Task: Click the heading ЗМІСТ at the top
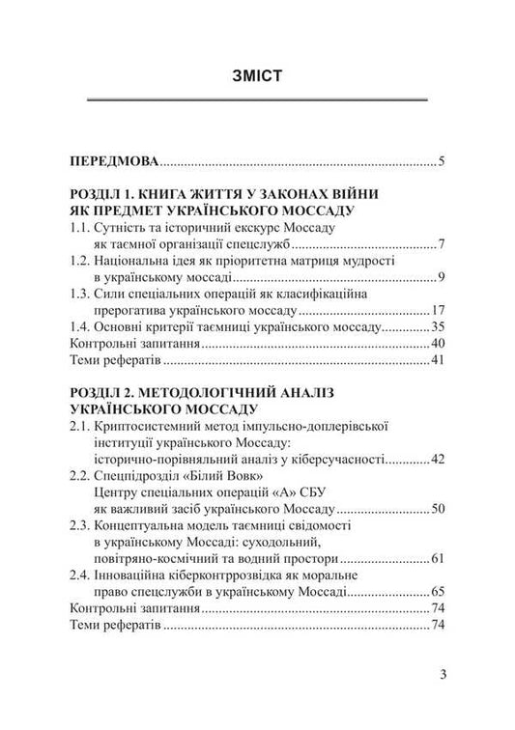(257, 77)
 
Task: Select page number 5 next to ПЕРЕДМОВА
(440, 160)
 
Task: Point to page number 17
(437, 311)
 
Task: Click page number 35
(437, 327)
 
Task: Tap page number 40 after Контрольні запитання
(437, 344)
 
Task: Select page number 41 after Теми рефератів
(437, 360)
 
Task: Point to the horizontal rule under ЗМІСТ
(257, 99)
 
